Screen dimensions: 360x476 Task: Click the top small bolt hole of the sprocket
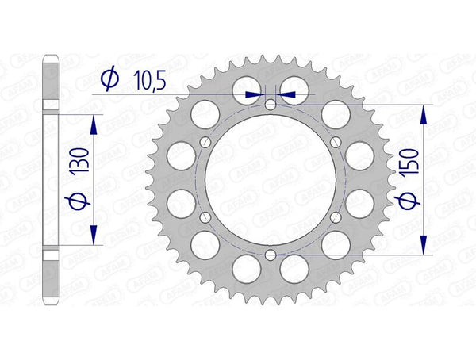click(x=271, y=105)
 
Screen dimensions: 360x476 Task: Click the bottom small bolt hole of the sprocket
click(x=271, y=254)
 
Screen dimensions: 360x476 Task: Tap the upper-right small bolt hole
click(x=336, y=142)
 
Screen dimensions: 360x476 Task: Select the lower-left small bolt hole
click(x=205, y=216)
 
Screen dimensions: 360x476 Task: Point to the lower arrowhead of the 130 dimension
click(x=94, y=236)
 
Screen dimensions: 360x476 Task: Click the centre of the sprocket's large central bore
click(x=271, y=179)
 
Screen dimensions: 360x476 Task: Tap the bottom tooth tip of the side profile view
click(x=50, y=304)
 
